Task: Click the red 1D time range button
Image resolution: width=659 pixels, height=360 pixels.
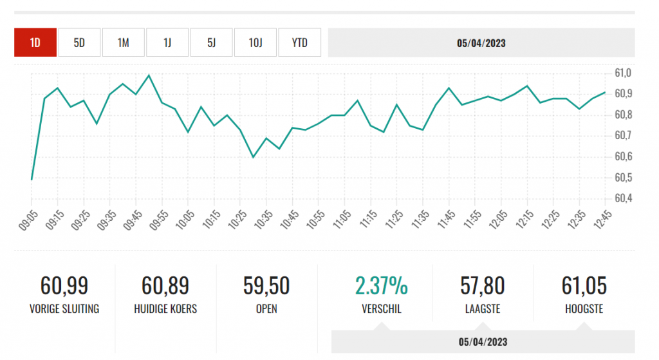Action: [x=35, y=43]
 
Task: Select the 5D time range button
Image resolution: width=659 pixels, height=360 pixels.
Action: [x=79, y=43]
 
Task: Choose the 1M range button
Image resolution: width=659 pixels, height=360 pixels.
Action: [x=123, y=43]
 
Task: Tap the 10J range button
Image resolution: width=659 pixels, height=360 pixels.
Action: [x=255, y=43]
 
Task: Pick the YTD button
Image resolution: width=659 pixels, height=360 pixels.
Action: [x=299, y=43]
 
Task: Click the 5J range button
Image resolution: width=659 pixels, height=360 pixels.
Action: [x=211, y=43]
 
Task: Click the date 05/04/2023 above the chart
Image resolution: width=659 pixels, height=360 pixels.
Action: [x=481, y=43]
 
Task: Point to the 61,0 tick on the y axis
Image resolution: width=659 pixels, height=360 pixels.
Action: [x=624, y=73]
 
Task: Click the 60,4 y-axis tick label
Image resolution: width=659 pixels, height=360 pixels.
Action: [x=624, y=198]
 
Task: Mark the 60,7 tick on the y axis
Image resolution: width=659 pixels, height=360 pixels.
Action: [x=624, y=135]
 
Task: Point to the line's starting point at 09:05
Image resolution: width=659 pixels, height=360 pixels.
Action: [x=32, y=179]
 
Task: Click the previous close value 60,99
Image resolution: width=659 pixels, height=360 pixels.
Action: [x=64, y=285]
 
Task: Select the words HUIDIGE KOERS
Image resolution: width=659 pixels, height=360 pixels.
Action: [x=165, y=309]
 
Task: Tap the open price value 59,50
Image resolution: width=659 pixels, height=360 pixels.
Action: [x=266, y=285]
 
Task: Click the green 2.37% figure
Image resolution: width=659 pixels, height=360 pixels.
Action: [x=382, y=285]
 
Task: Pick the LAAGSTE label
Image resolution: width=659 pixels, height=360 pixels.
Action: [x=483, y=309]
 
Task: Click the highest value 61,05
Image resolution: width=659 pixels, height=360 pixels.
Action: [x=584, y=285]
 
